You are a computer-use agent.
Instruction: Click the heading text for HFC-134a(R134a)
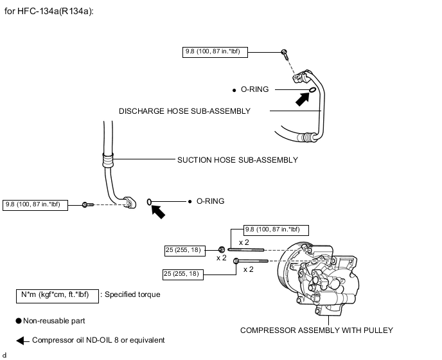coord(49,12)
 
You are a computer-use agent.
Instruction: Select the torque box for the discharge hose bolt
coord(215,52)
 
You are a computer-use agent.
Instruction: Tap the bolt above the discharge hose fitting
coord(285,54)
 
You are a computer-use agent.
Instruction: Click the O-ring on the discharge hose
coord(312,90)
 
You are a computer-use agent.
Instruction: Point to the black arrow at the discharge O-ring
coord(303,99)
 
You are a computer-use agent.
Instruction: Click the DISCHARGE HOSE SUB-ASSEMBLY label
coord(184,111)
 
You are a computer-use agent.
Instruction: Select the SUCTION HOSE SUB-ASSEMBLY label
coord(238,160)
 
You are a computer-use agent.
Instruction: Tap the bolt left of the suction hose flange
coord(87,204)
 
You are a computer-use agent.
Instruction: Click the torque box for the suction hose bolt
coord(35,205)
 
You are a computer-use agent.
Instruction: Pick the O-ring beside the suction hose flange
coord(149,202)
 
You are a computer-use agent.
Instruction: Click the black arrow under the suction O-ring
coord(158,212)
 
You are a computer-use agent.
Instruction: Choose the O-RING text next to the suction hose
coord(210,201)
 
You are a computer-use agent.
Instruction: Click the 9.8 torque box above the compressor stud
coord(276,230)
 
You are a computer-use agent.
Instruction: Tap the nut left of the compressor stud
coord(222,249)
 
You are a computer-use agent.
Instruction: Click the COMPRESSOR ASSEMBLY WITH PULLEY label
coord(317,330)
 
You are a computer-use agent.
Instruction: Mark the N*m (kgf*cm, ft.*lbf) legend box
coord(58,296)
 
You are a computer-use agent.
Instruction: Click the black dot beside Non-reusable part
coord(19,321)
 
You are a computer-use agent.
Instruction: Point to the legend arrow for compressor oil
coord(22,341)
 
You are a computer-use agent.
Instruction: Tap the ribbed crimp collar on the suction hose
coord(108,160)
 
